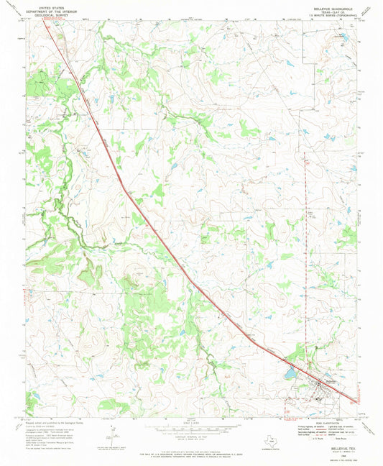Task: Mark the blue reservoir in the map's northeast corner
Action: pyautogui.click(x=343, y=35)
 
